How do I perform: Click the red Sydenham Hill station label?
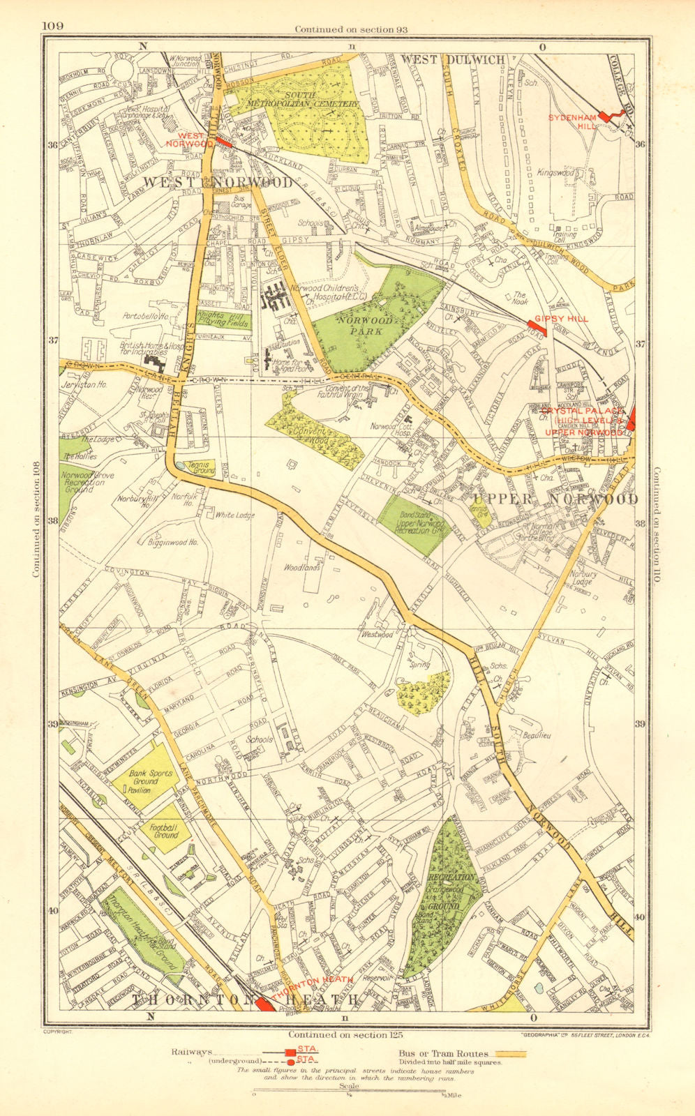click(574, 123)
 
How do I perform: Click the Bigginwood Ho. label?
click(174, 541)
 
